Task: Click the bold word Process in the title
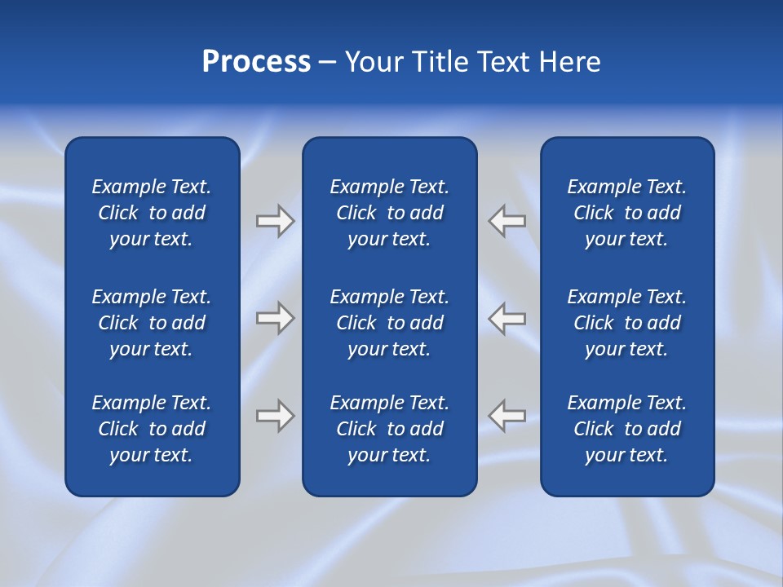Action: click(x=256, y=62)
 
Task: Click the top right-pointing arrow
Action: click(x=275, y=221)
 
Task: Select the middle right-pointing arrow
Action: click(x=275, y=318)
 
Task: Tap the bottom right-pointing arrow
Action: click(x=275, y=416)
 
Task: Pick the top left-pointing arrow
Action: click(x=507, y=221)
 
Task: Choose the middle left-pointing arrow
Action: click(x=507, y=318)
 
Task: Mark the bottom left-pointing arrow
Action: click(x=507, y=416)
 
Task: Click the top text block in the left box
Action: click(x=152, y=213)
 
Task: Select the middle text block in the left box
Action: click(x=152, y=323)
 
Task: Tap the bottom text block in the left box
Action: click(x=152, y=429)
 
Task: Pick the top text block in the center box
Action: click(x=390, y=213)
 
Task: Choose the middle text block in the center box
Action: click(x=390, y=323)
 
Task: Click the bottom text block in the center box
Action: click(x=390, y=429)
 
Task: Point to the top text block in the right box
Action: click(x=627, y=213)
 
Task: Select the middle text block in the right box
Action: click(x=627, y=323)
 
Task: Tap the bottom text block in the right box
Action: click(x=627, y=429)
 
